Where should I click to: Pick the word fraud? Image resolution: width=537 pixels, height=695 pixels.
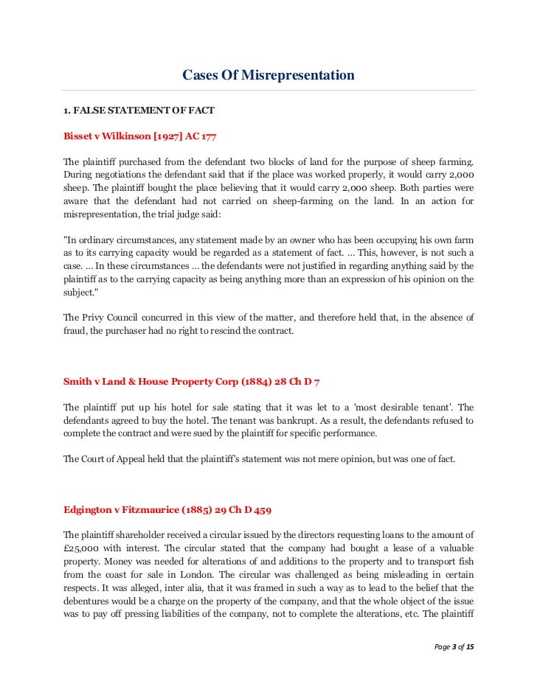click(x=75, y=331)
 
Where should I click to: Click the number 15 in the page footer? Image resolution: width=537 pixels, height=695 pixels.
click(x=471, y=647)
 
